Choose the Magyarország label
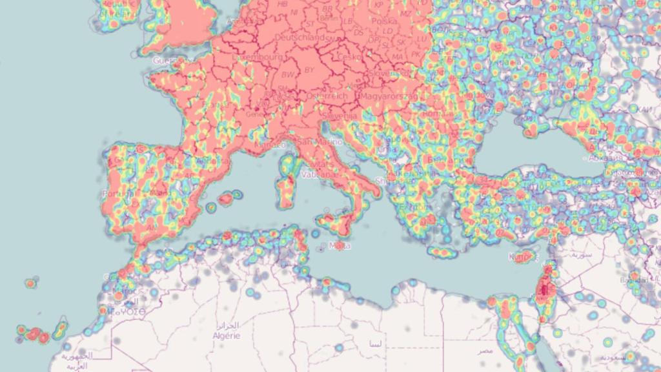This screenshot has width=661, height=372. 385,96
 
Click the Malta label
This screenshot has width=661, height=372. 340,245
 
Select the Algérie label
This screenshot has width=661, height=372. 226,335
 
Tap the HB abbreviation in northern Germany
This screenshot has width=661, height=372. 282,4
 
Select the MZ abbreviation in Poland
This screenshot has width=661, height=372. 405,13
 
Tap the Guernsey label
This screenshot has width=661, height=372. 166,60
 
